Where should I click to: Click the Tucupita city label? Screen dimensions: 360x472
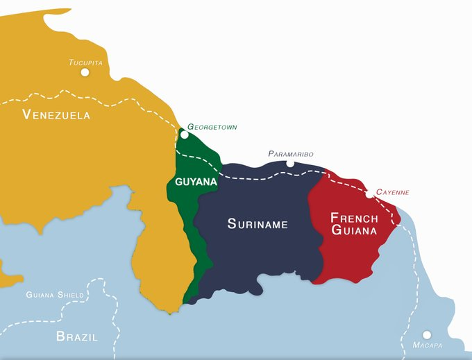(85, 62)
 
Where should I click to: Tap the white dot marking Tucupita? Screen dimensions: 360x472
(85, 72)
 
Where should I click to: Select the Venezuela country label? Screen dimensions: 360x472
(56, 114)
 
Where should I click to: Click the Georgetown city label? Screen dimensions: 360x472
(212, 128)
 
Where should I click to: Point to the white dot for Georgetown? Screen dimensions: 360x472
(184, 135)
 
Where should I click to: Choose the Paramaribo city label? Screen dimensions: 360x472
(291, 153)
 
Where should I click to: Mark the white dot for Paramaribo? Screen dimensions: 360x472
(290, 164)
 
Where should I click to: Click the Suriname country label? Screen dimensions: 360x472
(258, 224)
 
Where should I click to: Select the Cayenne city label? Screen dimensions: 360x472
(392, 192)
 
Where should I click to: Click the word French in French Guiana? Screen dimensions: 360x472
(354, 217)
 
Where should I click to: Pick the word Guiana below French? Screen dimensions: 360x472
(354, 230)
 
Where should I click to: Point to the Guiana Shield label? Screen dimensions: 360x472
(55, 295)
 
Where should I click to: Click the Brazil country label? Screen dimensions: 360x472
(76, 337)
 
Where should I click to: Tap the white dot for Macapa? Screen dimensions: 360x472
(427, 334)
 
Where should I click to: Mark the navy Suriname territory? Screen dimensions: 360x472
(257, 257)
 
